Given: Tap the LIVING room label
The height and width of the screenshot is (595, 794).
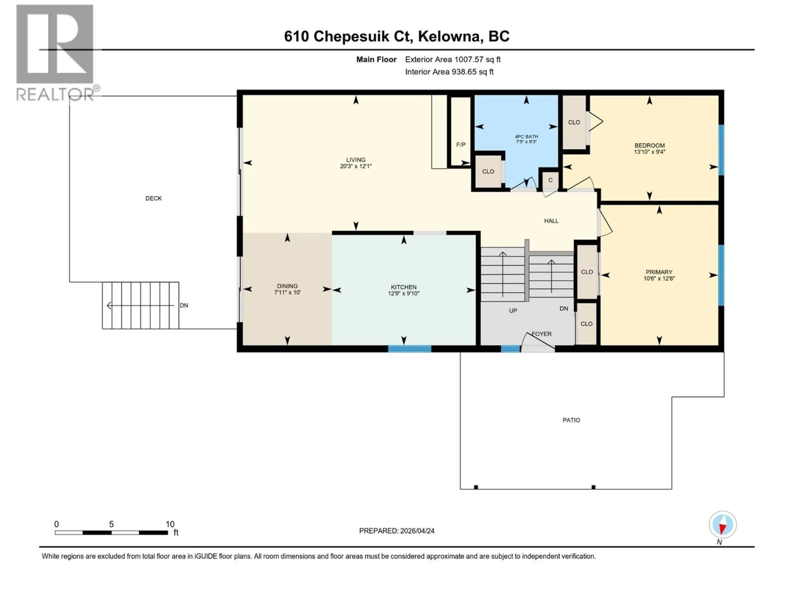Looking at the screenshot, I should click(355, 160).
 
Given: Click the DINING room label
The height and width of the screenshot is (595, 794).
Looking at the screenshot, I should click(287, 286).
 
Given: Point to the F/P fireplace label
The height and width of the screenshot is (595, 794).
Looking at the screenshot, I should click(460, 145).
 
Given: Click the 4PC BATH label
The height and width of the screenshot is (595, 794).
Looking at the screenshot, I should click(526, 137).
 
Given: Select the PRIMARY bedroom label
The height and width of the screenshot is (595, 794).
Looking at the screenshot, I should click(659, 272).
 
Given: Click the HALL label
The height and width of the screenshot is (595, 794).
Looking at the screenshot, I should click(551, 221).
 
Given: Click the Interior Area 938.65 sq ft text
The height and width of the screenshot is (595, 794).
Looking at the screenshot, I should click(449, 72).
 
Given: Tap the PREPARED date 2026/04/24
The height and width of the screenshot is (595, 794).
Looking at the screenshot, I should click(397, 531).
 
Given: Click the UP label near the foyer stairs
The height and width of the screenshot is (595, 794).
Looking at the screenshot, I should click(513, 311).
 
